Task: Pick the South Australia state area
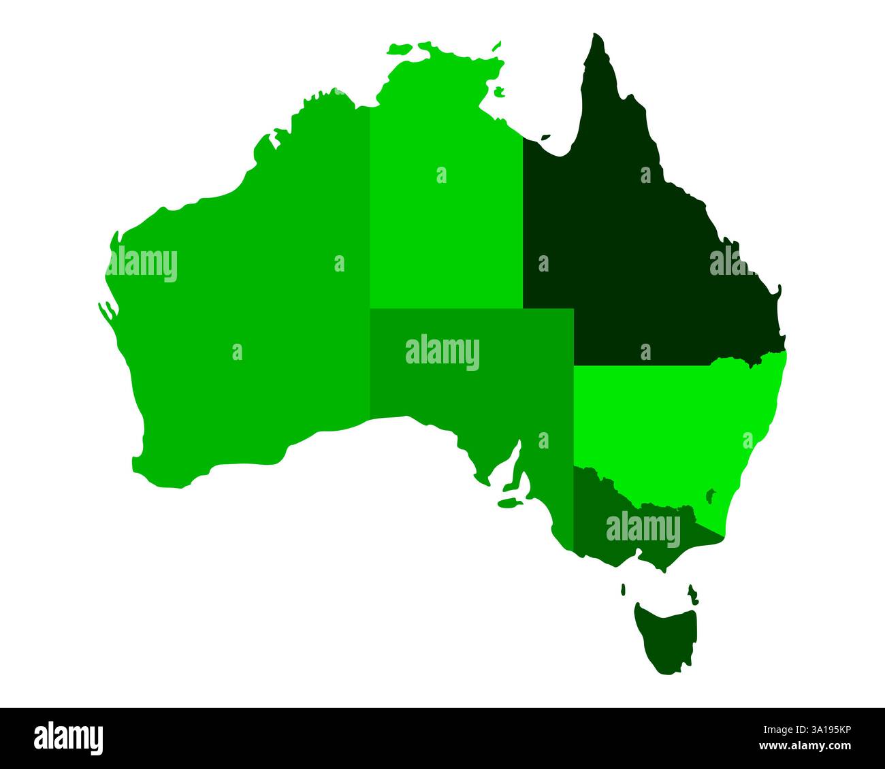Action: click(x=470, y=381)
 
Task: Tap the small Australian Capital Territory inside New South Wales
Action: click(x=711, y=495)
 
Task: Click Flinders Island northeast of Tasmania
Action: click(x=694, y=593)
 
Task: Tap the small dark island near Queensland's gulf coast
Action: click(x=545, y=137)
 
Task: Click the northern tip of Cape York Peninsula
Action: click(x=596, y=35)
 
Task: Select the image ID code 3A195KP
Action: click(x=823, y=730)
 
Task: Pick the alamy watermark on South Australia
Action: click(x=442, y=353)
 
